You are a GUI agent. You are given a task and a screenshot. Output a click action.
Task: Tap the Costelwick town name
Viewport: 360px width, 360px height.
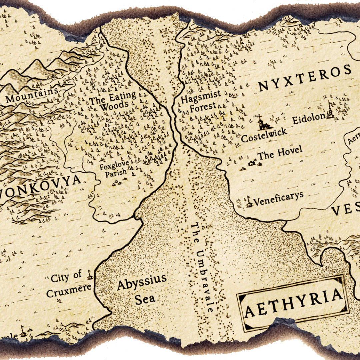(264, 135)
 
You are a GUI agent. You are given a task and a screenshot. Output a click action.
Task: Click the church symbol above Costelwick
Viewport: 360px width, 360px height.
(261, 123)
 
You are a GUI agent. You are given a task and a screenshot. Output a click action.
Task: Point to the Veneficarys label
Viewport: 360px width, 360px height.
(278, 199)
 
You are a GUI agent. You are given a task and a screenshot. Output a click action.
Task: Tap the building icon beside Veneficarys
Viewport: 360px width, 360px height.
(248, 202)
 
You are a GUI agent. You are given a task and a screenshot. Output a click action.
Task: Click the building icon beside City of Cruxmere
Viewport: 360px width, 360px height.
(89, 275)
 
